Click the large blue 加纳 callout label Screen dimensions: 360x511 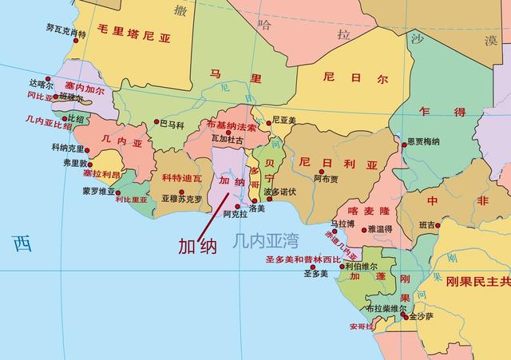[x=197, y=245]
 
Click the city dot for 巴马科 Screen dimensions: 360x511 [x=156, y=123]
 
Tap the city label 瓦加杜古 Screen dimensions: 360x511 [x=228, y=139]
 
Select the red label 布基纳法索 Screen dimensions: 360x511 [x=232, y=126]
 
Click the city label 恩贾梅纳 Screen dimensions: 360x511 [x=423, y=141]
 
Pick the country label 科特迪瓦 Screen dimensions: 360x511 [x=181, y=177]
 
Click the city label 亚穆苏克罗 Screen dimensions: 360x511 [x=182, y=198]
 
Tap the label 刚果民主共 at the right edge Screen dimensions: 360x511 [x=477, y=282]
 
